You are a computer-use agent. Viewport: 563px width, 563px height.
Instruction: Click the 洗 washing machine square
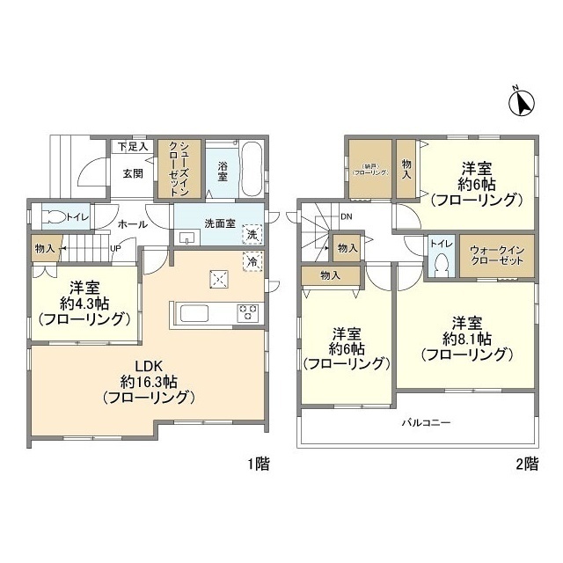coord(252,235)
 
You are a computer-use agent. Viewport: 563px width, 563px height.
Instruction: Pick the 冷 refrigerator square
coord(252,260)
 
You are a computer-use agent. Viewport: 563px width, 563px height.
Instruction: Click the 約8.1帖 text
coord(467,338)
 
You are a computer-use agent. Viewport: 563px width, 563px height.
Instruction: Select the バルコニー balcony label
coord(427,423)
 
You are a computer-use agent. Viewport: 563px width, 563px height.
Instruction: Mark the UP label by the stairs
coord(114,247)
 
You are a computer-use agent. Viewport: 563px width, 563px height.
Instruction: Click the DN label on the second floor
coord(347,216)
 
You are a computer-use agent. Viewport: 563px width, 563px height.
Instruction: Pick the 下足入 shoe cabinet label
coord(134,146)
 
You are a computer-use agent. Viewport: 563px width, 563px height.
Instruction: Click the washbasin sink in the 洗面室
coord(186,238)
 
